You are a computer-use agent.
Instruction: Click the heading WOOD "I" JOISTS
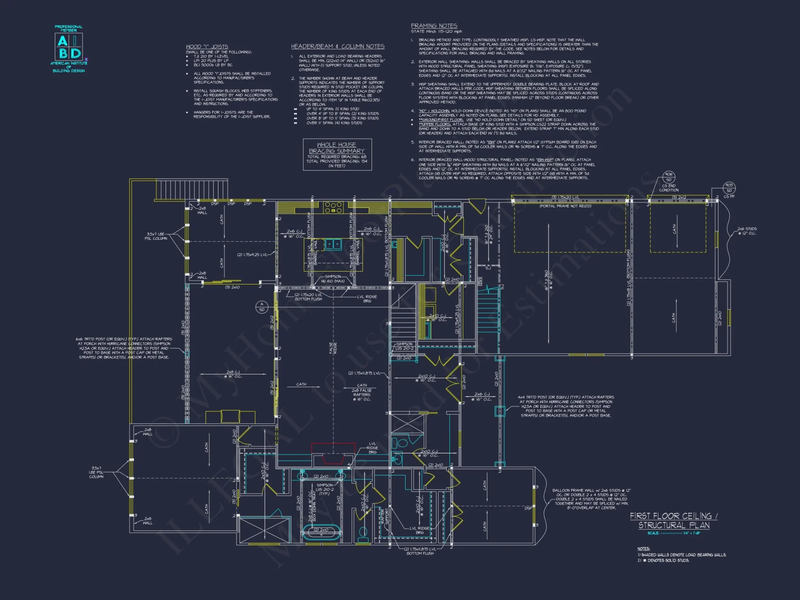click(207, 47)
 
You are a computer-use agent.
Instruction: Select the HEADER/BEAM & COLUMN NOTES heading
click(338, 46)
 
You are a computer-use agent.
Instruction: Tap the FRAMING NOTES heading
click(434, 26)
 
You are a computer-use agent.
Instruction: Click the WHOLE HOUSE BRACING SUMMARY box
click(337, 154)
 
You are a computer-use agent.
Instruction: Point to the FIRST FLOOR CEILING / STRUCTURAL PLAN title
click(674, 521)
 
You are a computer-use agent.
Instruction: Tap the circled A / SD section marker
click(262, 307)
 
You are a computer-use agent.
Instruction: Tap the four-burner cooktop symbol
click(333, 207)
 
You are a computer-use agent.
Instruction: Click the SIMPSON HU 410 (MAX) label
click(333, 279)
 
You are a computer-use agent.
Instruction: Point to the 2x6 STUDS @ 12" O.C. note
click(747, 231)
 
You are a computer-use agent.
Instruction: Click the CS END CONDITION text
click(668, 188)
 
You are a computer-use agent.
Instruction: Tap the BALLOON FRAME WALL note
click(591, 499)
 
